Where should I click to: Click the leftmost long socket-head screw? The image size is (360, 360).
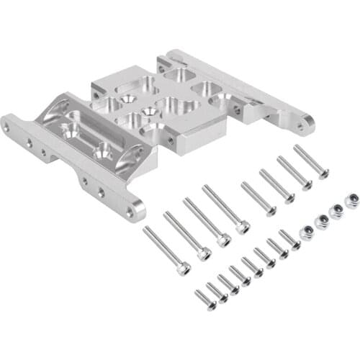166,249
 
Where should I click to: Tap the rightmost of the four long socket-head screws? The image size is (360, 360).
225,209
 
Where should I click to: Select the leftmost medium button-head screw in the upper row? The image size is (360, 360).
258,199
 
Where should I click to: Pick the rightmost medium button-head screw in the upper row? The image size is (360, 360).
311,161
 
